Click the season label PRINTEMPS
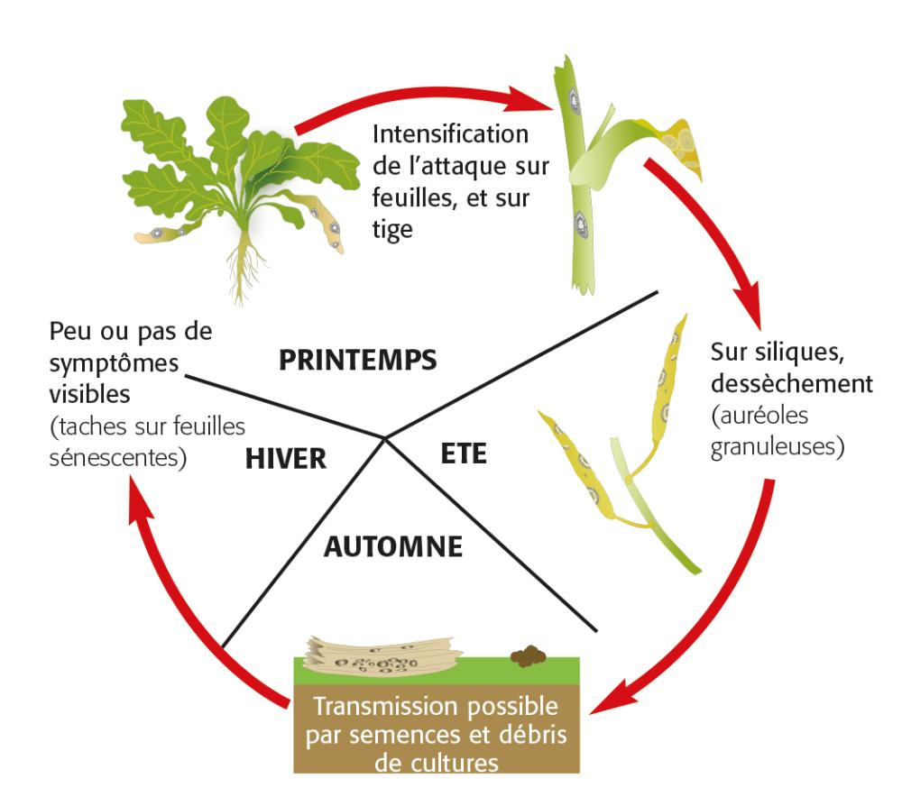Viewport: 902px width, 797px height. (x=358, y=360)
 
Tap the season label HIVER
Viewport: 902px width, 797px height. (x=285, y=459)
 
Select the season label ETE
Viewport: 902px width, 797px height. (x=464, y=453)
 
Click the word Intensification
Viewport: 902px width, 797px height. (x=450, y=136)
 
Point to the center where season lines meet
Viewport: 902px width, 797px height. (x=385, y=438)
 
